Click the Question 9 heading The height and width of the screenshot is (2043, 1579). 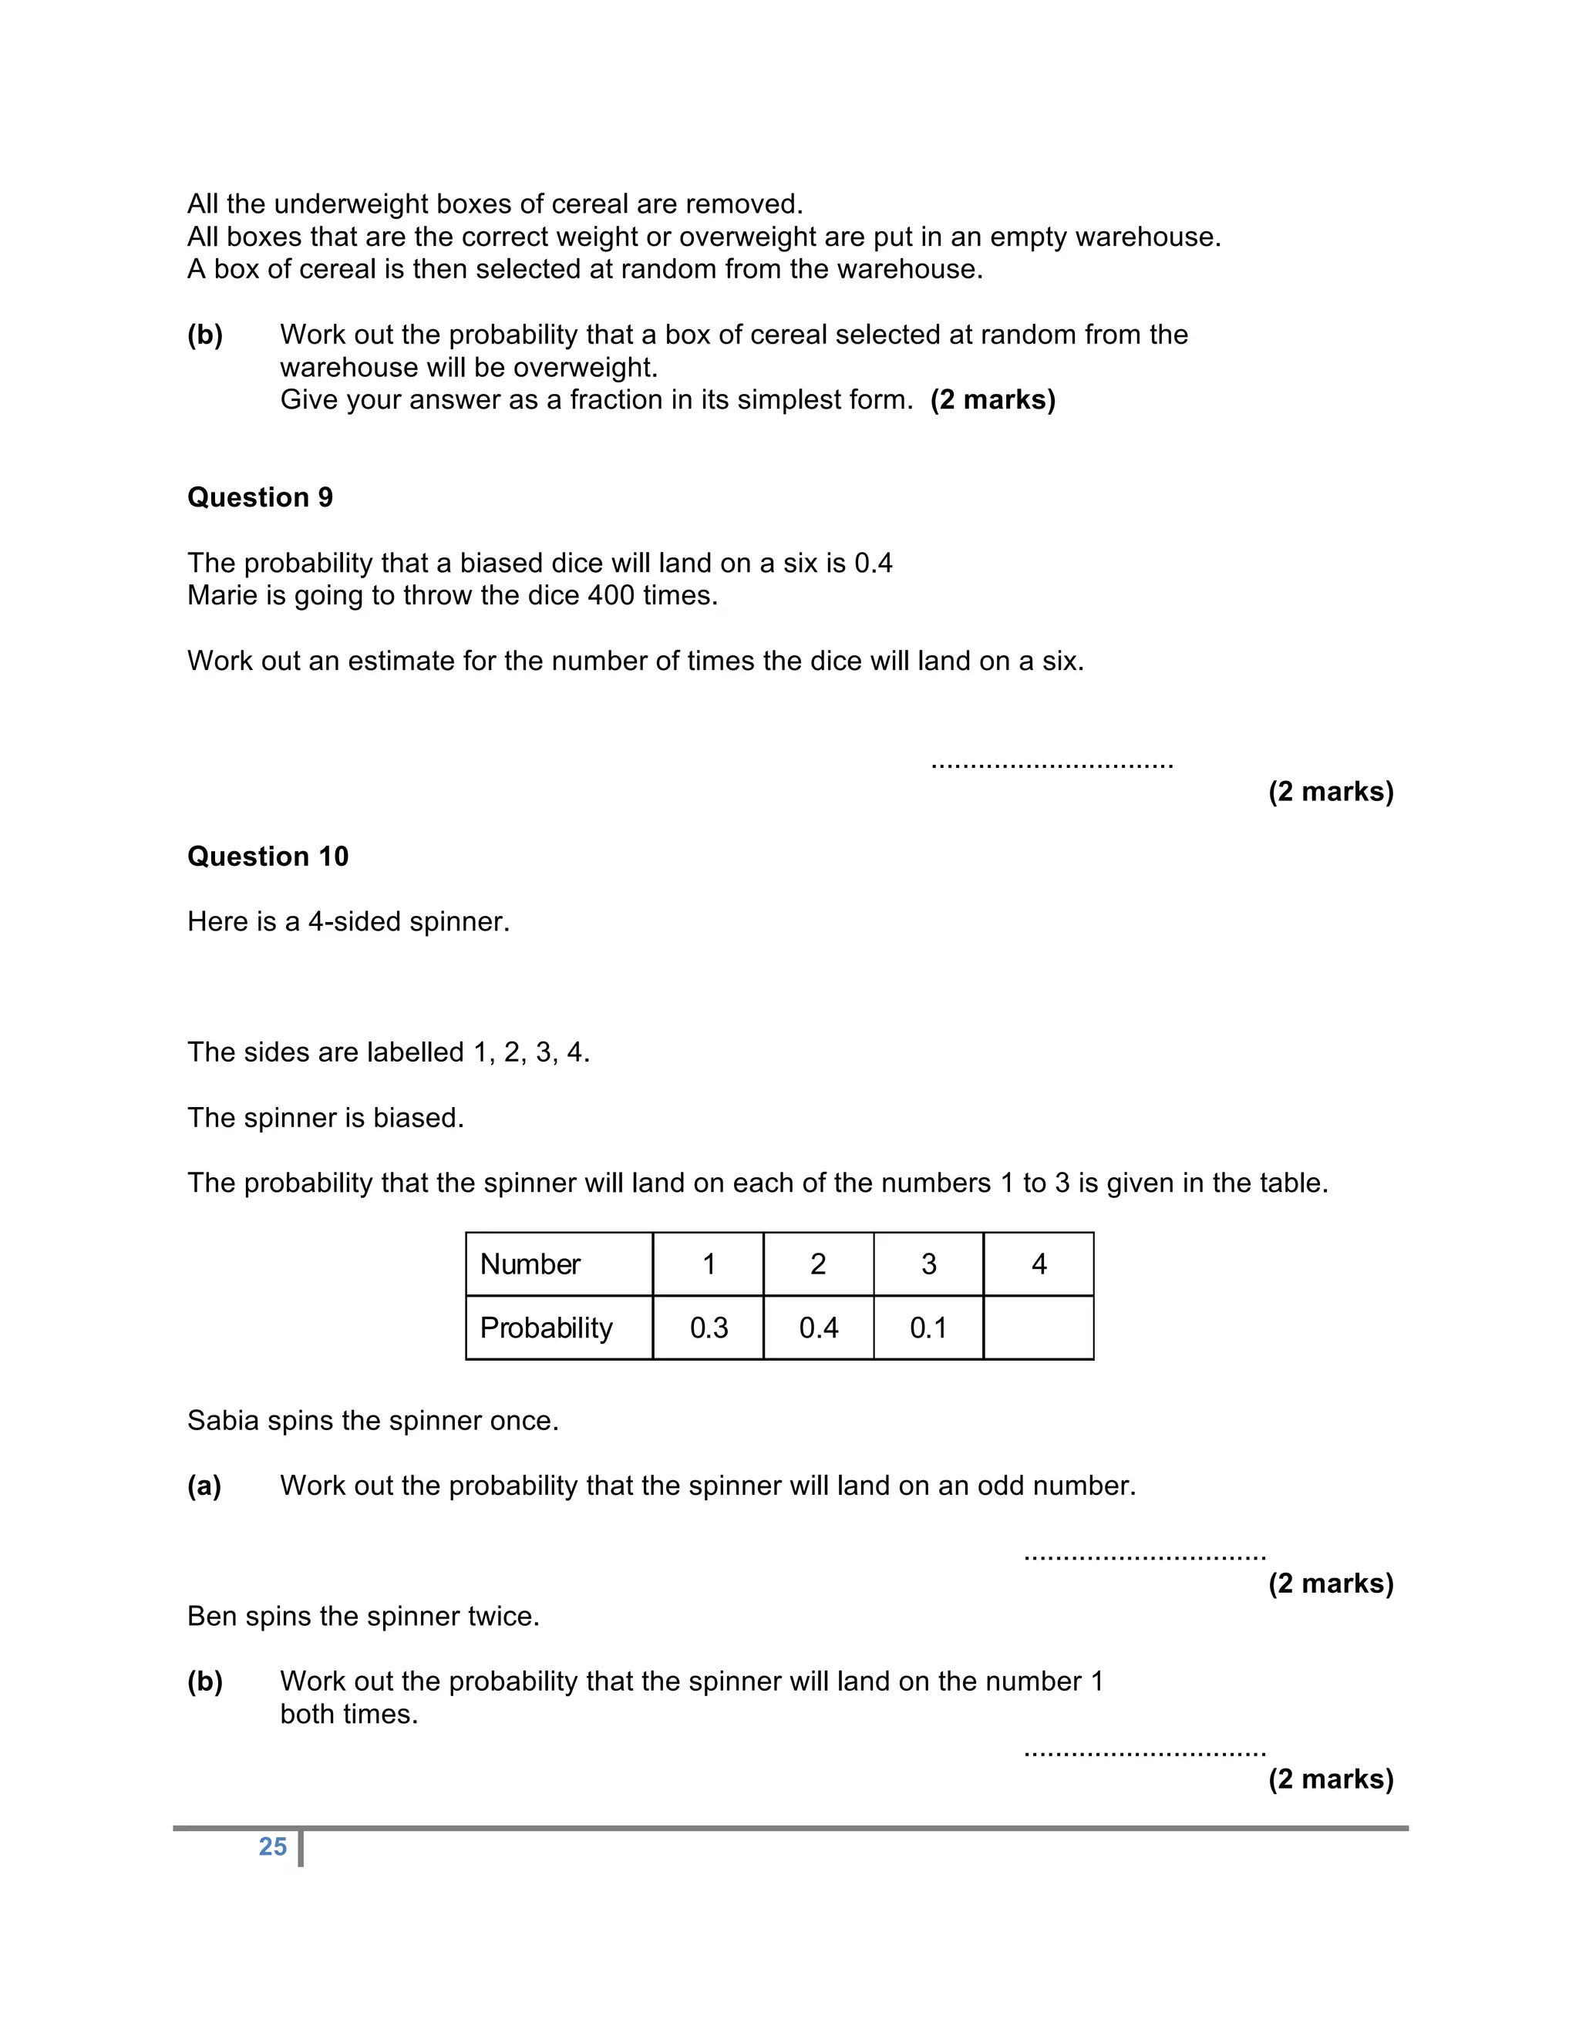click(x=259, y=496)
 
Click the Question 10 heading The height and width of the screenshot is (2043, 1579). click(x=268, y=856)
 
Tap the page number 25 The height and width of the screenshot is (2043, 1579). click(x=272, y=1846)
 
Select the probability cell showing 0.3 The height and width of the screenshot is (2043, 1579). click(x=708, y=1328)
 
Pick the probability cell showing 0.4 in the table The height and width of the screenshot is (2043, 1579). click(x=819, y=1328)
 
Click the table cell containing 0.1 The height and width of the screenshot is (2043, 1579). click(x=928, y=1328)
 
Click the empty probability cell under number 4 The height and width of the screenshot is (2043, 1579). click(x=1039, y=1328)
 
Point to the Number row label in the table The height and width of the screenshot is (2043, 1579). click(x=530, y=1264)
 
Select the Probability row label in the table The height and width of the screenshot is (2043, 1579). click(x=545, y=1328)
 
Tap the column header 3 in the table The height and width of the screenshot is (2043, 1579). click(x=928, y=1264)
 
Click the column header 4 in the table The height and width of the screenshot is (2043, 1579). click(x=1039, y=1264)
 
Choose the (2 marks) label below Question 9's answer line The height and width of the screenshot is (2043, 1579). click(x=1330, y=792)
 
